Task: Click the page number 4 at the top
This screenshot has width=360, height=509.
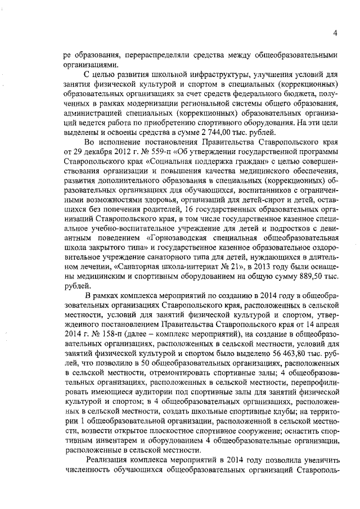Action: pyautogui.click(x=335, y=32)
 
